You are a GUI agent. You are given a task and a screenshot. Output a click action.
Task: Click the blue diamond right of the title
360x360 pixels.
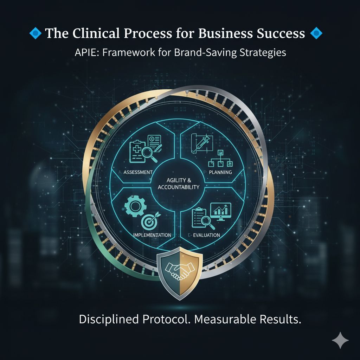(x=317, y=34)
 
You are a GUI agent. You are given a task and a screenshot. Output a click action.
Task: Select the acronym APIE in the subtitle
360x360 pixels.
(x=85, y=52)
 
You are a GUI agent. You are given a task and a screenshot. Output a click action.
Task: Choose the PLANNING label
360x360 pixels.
(x=220, y=172)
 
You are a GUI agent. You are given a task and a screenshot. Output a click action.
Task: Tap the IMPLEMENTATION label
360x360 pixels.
(x=153, y=234)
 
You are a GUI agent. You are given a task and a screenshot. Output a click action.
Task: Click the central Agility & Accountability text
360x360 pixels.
(x=179, y=184)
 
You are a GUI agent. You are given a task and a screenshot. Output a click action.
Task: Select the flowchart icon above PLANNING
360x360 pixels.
(x=220, y=160)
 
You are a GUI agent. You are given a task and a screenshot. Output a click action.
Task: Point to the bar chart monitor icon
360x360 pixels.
(x=220, y=212)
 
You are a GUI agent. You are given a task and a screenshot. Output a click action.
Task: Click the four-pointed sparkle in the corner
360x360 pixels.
(x=340, y=340)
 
